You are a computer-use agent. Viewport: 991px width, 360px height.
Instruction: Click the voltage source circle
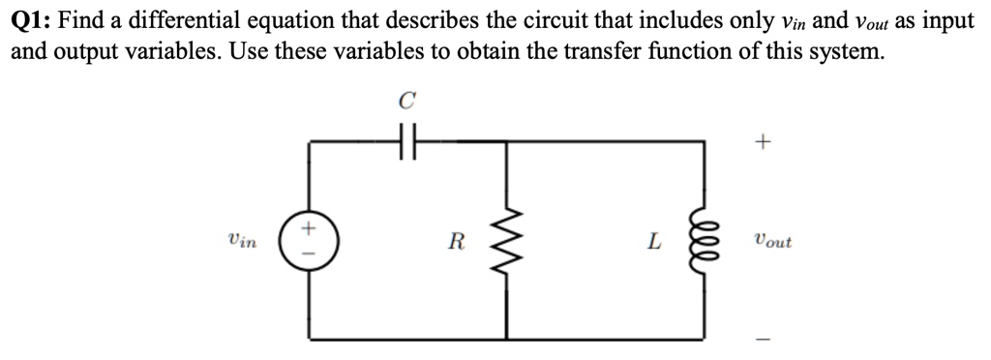pos(309,241)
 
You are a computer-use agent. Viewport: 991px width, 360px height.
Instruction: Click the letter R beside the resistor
pos(455,242)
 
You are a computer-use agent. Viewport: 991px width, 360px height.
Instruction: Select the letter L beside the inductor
pos(655,242)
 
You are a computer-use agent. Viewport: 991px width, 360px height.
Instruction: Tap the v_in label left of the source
pos(241,241)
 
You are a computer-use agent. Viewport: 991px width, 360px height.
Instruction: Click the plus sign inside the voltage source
pos(309,229)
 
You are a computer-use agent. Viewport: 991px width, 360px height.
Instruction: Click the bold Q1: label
pos(31,21)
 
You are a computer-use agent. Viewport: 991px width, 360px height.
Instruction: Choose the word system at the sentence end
pos(848,51)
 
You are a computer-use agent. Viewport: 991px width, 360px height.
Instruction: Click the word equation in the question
pos(281,21)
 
